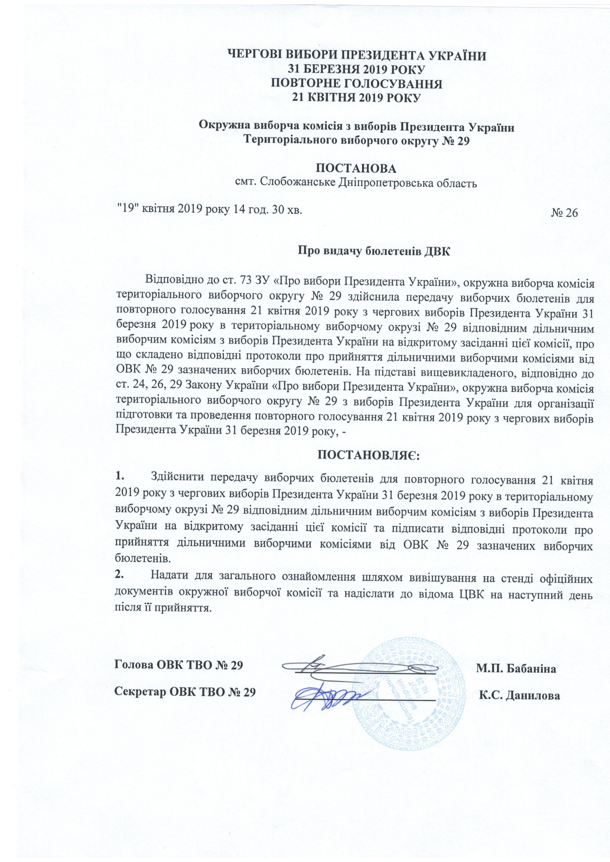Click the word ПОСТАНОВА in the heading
[356, 168]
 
